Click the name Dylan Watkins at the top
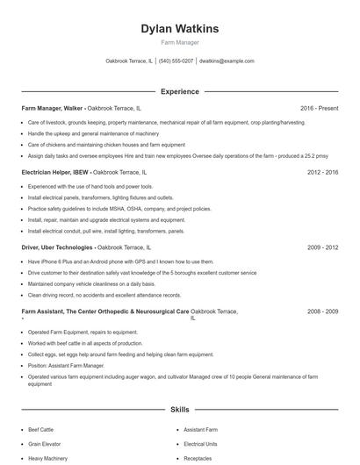click(x=179, y=29)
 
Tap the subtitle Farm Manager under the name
click(x=179, y=43)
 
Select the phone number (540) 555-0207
click(x=176, y=61)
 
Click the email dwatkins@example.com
click(x=227, y=61)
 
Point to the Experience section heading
click(x=179, y=91)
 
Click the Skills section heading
click(x=179, y=410)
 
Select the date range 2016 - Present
click(x=319, y=109)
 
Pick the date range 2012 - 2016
click(x=322, y=173)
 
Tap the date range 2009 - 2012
click(x=322, y=248)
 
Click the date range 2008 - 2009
click(x=322, y=311)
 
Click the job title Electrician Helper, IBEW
click(x=55, y=173)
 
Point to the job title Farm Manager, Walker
click(x=52, y=109)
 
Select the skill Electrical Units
click(x=200, y=445)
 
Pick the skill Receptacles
click(x=198, y=458)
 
